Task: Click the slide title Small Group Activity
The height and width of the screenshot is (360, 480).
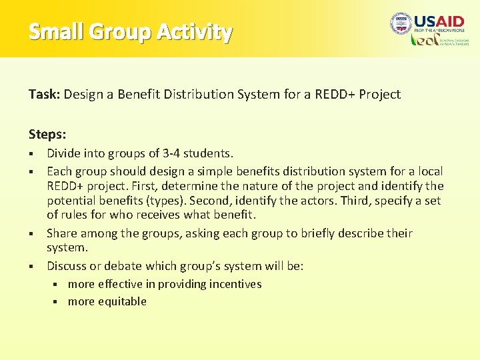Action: [131, 31]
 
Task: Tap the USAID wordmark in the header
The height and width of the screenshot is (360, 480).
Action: [439, 22]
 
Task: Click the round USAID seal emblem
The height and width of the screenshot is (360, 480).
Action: [401, 24]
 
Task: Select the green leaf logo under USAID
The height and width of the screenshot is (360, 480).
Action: [424, 41]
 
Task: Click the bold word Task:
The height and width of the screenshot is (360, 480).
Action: [45, 94]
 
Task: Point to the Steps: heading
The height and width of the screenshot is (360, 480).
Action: [47, 134]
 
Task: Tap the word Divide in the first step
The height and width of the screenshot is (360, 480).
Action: [64, 154]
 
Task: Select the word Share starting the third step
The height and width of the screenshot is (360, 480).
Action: [62, 233]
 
